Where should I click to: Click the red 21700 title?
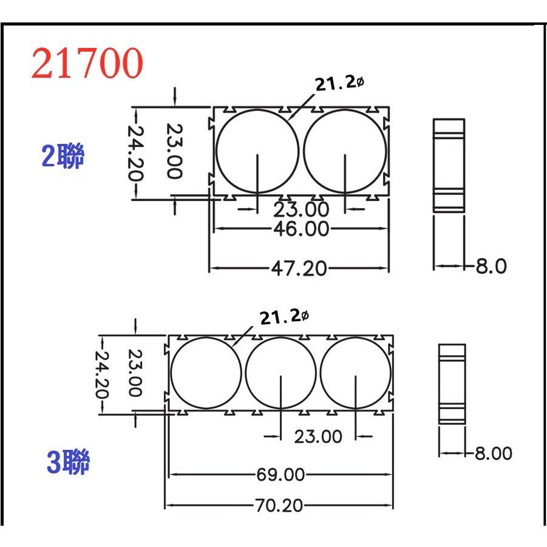87,64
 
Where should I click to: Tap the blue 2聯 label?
63,157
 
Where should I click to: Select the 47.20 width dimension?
298,268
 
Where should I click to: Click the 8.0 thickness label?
491,266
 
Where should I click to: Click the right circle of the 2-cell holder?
345,151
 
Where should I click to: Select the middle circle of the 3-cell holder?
281,373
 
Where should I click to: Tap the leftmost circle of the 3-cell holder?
206,373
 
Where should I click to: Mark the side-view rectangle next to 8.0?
449,164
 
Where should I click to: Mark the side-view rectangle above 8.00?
452,383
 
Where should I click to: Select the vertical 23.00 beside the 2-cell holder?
174,151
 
